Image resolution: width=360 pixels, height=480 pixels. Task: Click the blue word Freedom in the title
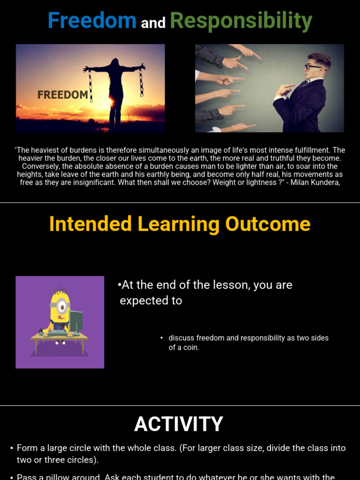coord(92,21)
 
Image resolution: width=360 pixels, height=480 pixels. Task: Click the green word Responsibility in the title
coord(241,21)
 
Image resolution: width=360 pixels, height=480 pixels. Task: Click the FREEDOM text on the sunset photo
coord(63,95)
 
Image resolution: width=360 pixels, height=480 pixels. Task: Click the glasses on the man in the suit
coord(313,67)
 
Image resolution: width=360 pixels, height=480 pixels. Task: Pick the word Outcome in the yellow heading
coord(268,224)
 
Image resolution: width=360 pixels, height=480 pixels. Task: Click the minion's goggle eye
coord(60,305)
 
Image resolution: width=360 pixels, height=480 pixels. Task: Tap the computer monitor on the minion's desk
coord(75,321)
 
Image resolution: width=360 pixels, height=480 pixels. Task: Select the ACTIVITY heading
coord(179,424)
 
